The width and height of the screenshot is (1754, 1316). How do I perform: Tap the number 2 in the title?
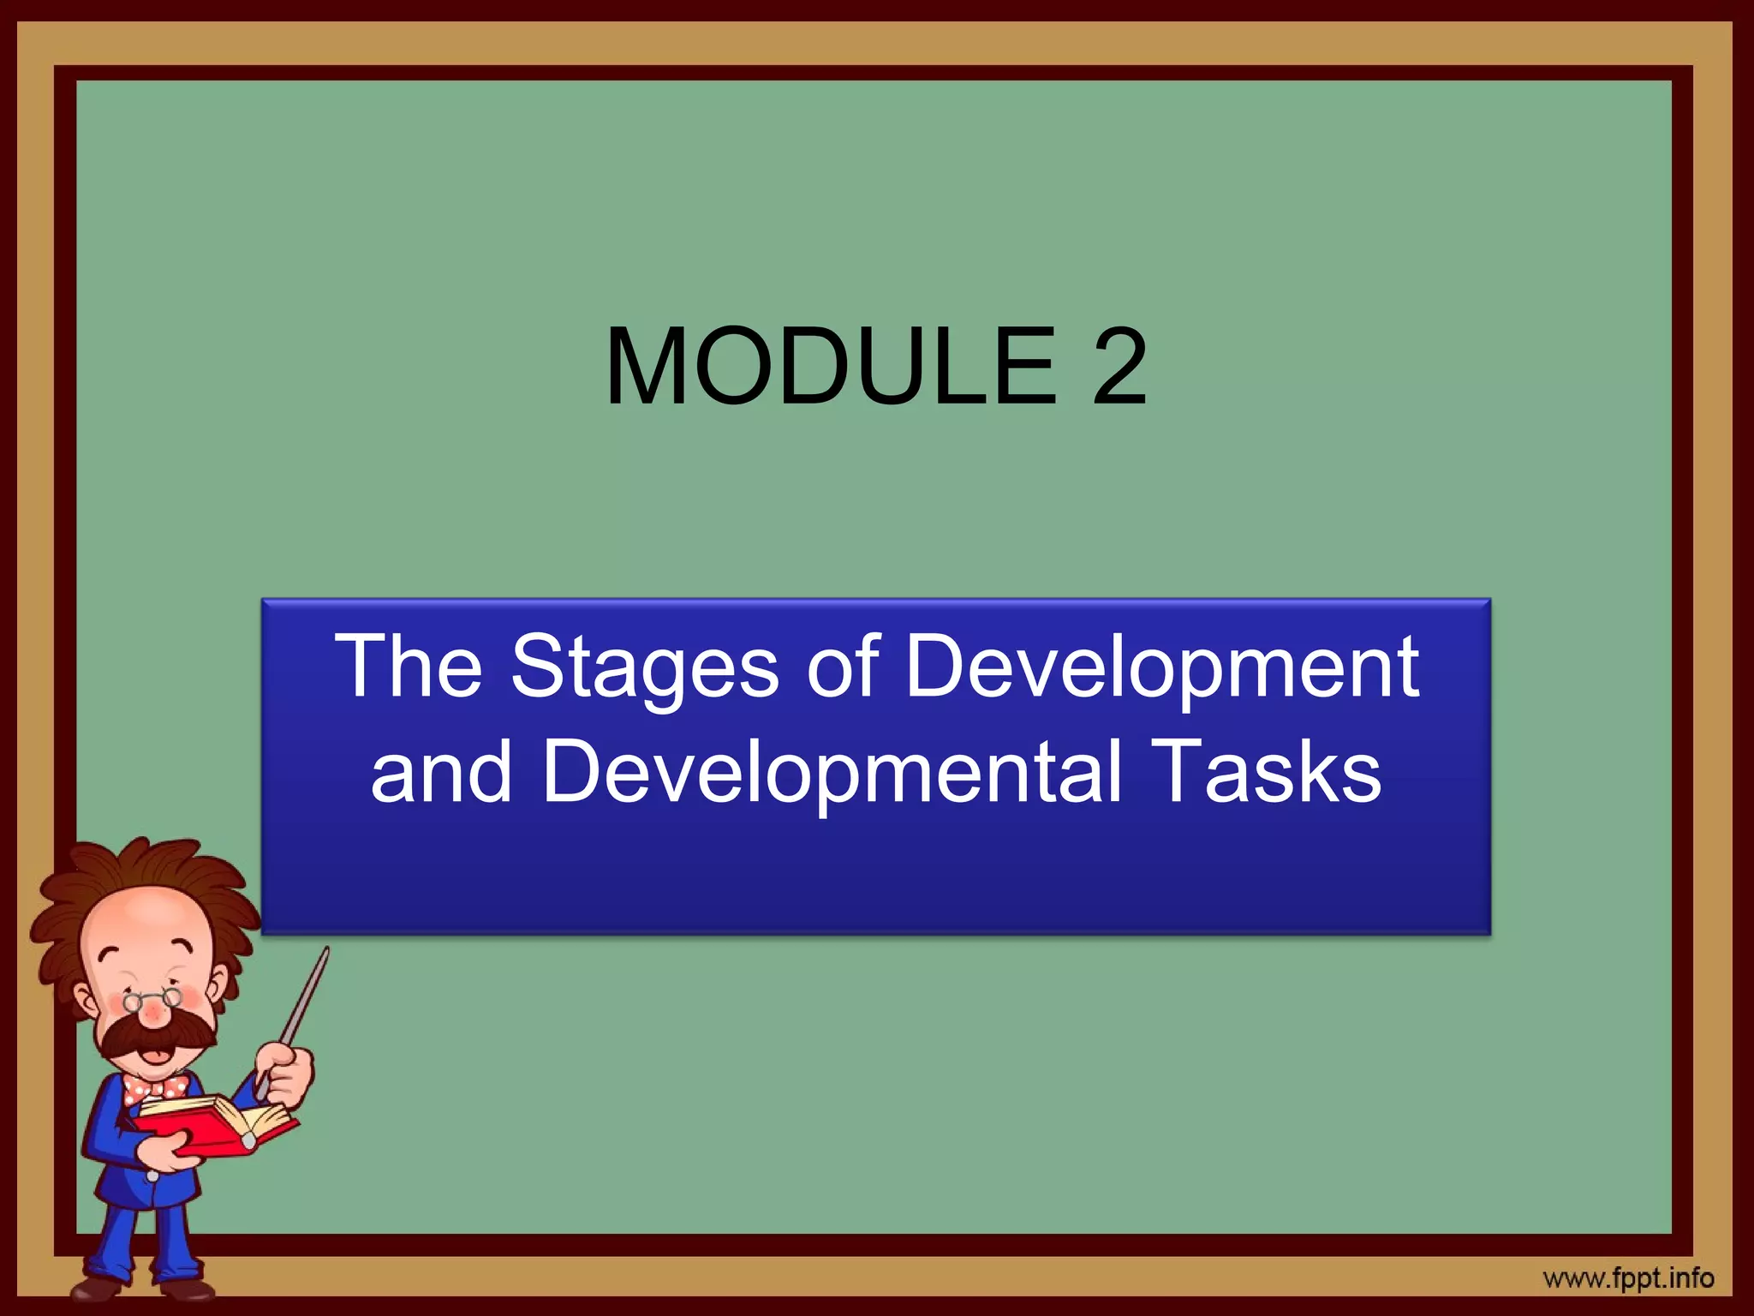(1118, 367)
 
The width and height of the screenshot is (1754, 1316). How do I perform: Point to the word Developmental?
(831, 771)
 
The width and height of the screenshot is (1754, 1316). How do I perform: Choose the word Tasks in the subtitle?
(1266, 771)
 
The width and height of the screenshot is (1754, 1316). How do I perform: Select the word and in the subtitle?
(441, 771)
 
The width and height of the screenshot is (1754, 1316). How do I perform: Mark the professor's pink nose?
(154, 1015)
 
